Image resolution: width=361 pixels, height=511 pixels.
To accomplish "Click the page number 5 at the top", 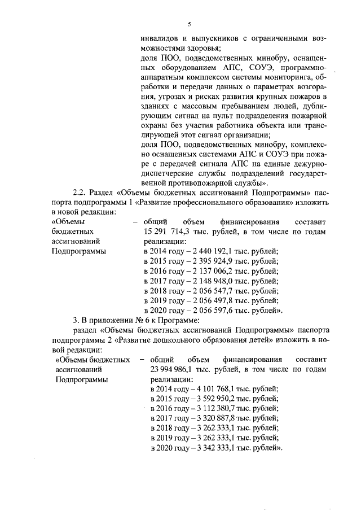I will (x=190, y=24).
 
